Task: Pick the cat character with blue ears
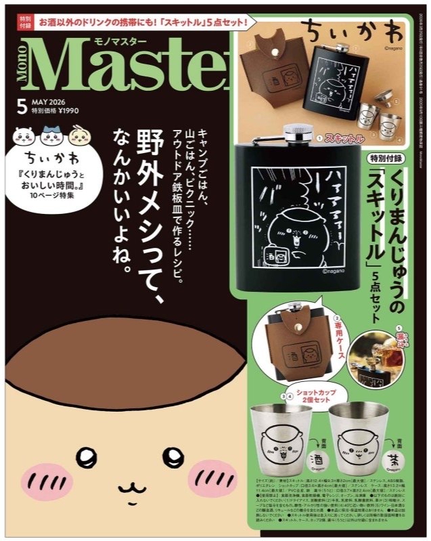click(51, 139)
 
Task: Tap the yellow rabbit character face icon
click(77, 139)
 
